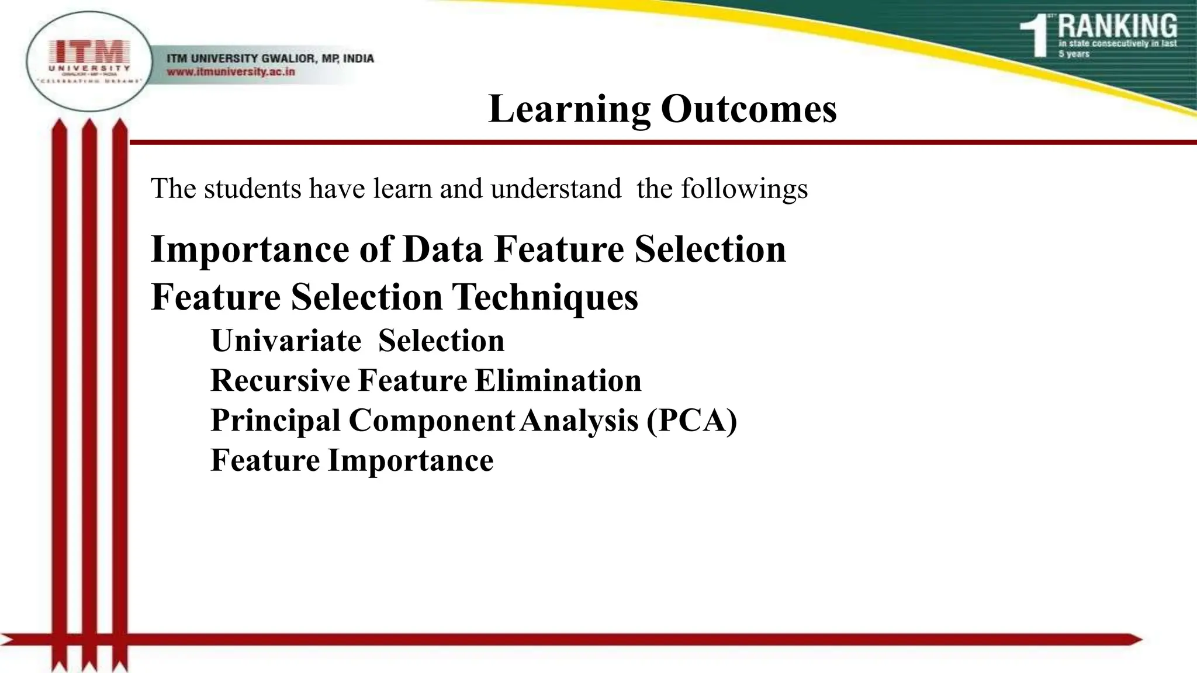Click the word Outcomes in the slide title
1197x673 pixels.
(x=749, y=109)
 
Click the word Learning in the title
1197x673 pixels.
(x=569, y=110)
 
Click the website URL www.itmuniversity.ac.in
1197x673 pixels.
(x=231, y=72)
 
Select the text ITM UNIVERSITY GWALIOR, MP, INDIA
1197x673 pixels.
(x=270, y=58)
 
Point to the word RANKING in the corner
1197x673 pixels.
(x=1117, y=27)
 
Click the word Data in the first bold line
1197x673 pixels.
(x=442, y=249)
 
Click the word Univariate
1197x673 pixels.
(x=286, y=341)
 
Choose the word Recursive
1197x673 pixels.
(x=281, y=381)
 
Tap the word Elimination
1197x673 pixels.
(x=558, y=381)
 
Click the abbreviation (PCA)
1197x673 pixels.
(x=691, y=421)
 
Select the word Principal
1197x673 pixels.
(x=275, y=421)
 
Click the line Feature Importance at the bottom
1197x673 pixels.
(x=352, y=460)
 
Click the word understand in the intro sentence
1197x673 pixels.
(x=555, y=189)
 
